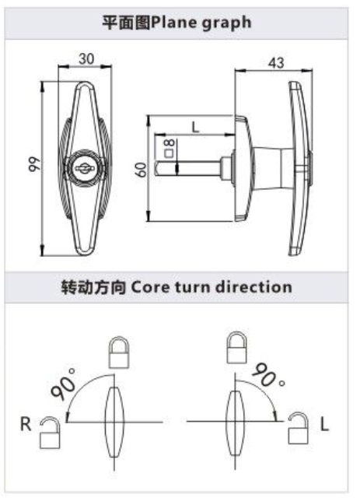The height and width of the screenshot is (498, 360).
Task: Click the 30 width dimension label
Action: [86, 59]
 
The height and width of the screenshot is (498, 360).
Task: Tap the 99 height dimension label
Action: [34, 164]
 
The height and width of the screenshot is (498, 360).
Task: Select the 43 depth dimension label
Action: [276, 63]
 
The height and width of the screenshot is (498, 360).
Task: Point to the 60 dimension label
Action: [141, 170]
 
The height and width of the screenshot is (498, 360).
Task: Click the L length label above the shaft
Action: [196, 128]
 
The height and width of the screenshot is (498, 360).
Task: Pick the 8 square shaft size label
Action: [169, 149]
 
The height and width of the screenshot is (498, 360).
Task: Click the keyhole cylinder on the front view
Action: [85, 168]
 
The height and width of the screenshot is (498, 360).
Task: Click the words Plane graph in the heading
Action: [201, 23]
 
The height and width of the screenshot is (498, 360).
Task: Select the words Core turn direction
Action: [211, 287]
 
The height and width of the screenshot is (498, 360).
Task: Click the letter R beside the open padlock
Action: [26, 424]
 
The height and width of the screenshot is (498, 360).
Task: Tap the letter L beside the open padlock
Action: [324, 424]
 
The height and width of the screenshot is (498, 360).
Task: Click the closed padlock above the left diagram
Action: [119, 352]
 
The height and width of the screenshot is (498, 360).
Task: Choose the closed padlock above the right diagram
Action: [236, 348]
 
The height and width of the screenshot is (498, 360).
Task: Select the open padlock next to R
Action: [50, 433]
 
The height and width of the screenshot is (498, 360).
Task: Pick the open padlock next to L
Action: [298, 428]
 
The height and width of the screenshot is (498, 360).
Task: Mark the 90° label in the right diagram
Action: [268, 375]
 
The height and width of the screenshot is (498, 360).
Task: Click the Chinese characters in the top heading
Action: [127, 23]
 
